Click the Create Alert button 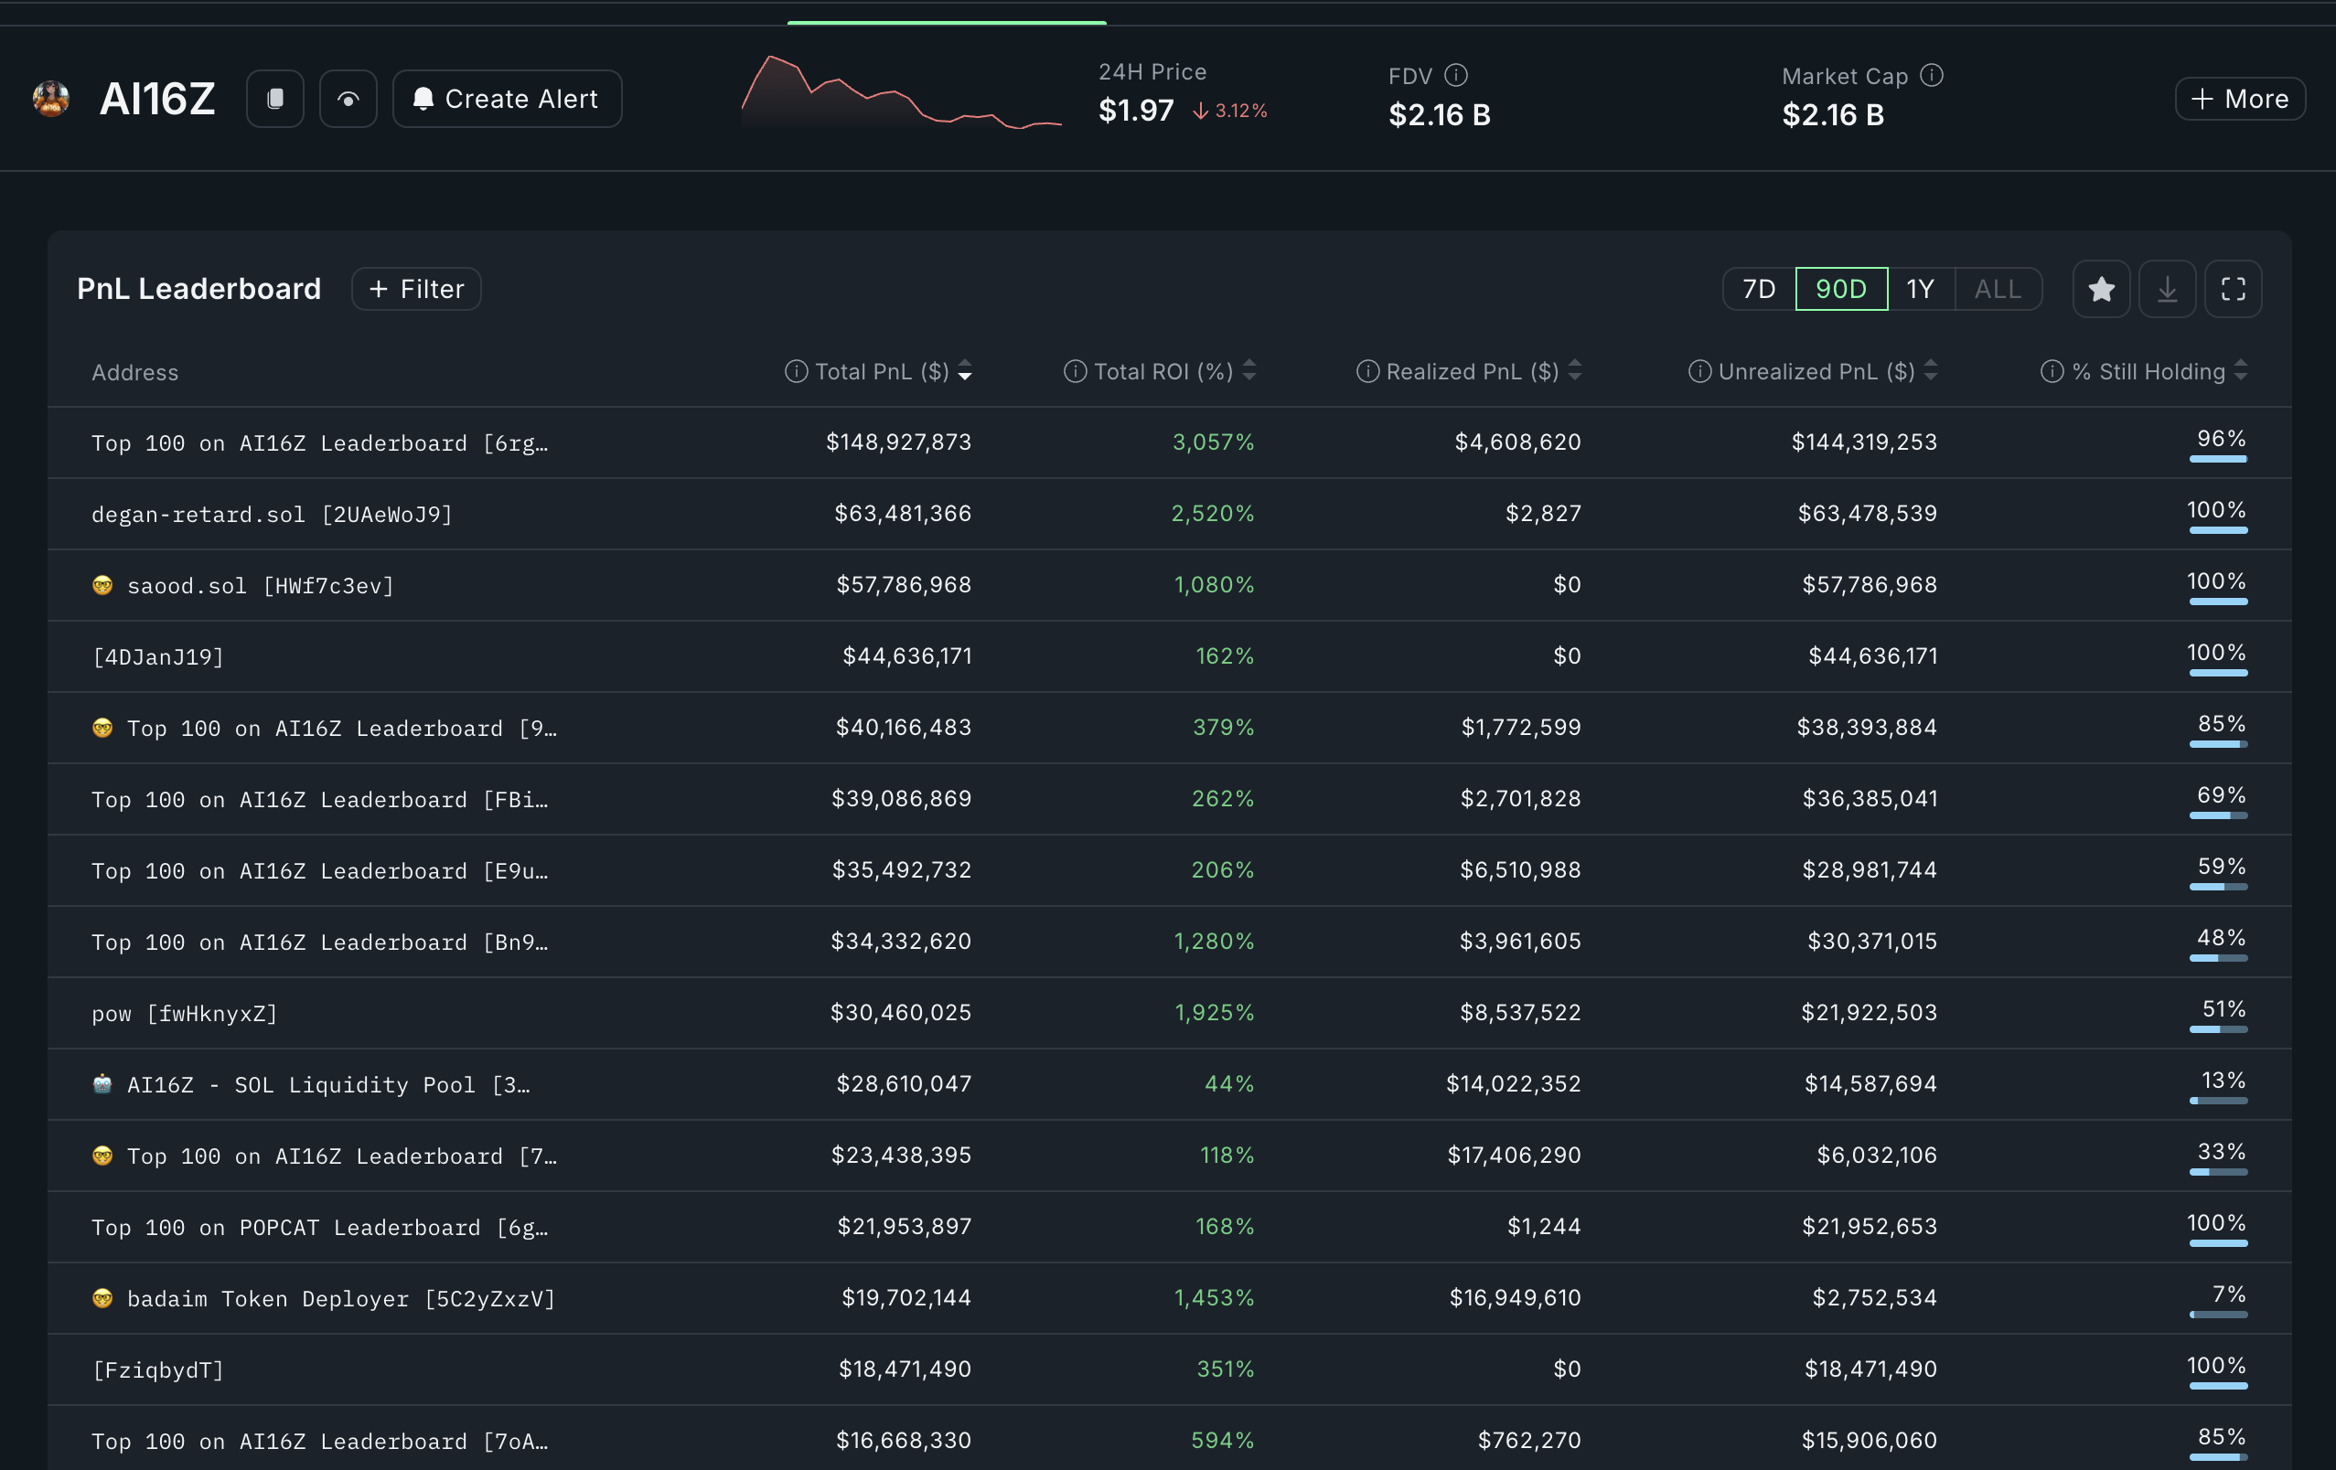507,99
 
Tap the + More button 2239,99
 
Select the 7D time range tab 1758,289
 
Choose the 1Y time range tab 1920,289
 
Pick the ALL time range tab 1998,289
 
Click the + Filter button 416,289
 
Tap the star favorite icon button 2100,289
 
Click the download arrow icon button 2166,289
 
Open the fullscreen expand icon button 2233,289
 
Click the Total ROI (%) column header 1163,371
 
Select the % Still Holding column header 2148,371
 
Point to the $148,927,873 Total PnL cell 897,442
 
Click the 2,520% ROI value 1212,513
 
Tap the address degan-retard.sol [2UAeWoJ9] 272,514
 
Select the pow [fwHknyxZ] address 185,1013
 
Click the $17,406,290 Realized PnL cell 1514,1155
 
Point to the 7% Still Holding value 2227,1294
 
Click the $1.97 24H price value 1135,111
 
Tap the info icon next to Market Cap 1932,75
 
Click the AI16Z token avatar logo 50,99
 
